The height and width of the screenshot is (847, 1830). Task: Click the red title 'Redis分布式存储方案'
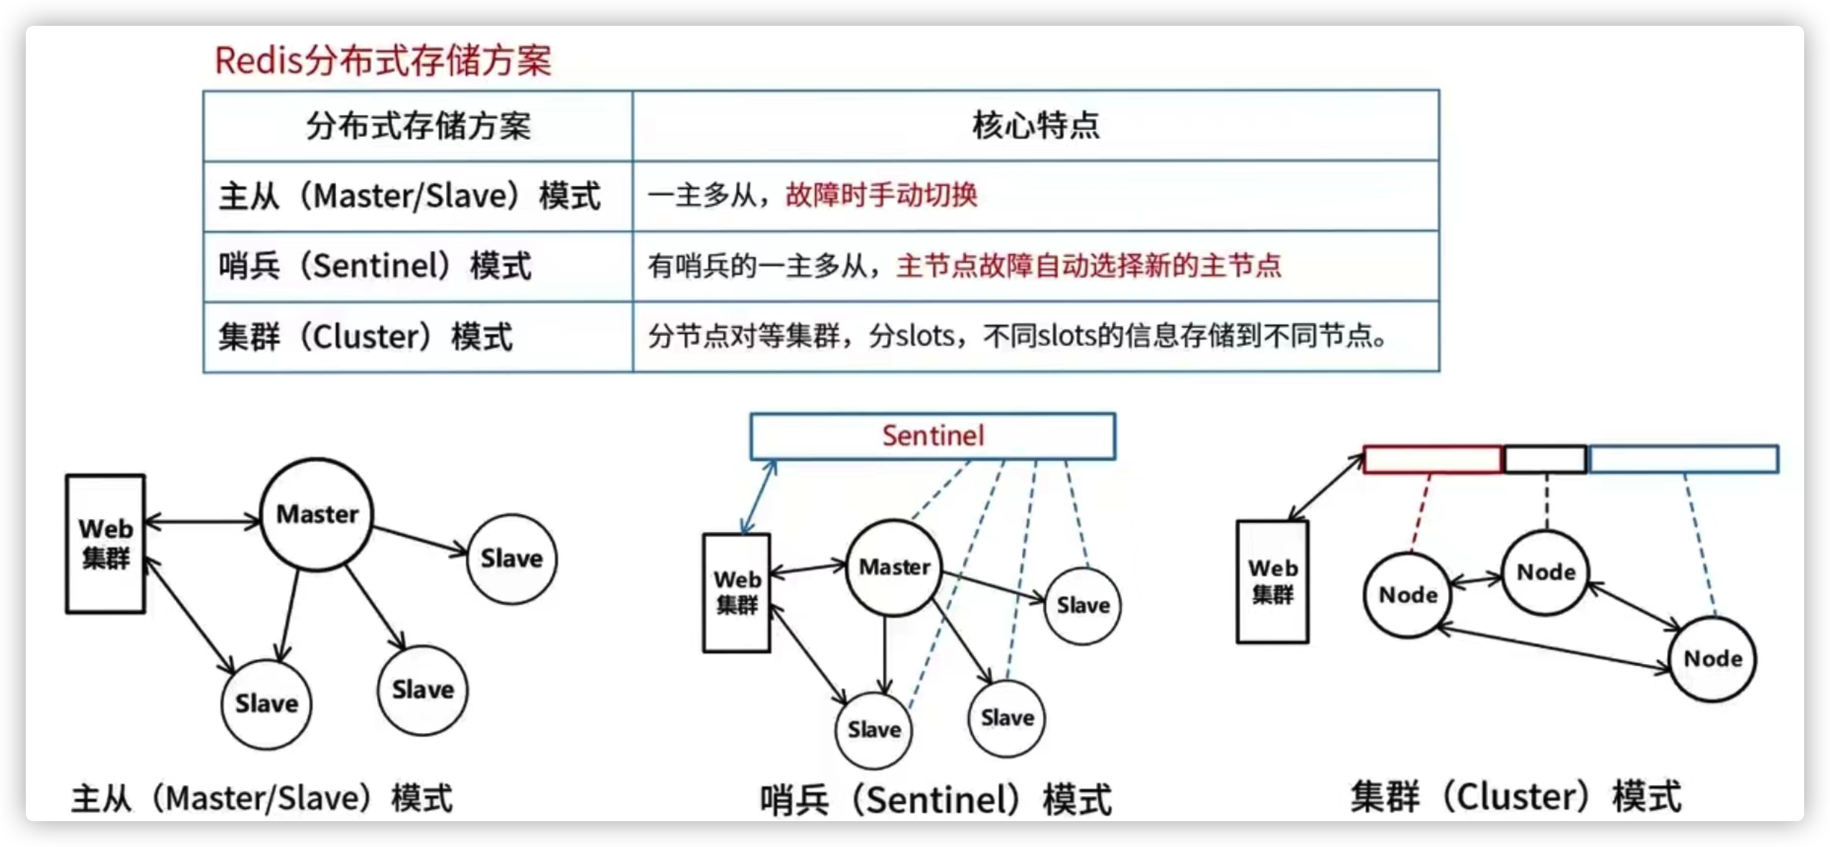click(x=383, y=60)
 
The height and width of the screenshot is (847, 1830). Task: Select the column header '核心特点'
click(x=1036, y=126)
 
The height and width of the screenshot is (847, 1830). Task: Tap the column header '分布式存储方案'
click(x=418, y=126)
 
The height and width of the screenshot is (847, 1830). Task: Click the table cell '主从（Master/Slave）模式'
click(x=409, y=196)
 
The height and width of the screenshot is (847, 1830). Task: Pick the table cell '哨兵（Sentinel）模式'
click(x=375, y=266)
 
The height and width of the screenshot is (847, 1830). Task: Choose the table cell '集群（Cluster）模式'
click(x=366, y=337)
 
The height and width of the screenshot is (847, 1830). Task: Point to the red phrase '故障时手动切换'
click(x=881, y=195)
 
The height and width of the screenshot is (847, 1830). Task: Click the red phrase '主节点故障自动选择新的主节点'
click(x=1089, y=266)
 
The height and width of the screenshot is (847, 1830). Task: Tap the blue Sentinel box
click(x=933, y=436)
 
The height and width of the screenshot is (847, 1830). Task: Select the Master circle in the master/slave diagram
click(x=317, y=515)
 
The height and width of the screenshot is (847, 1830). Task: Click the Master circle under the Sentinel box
click(x=894, y=568)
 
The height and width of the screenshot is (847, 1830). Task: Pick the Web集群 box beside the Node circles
click(x=1273, y=581)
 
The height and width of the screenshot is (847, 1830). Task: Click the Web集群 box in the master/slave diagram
click(x=106, y=543)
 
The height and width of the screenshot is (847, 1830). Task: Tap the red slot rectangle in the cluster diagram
click(x=1432, y=459)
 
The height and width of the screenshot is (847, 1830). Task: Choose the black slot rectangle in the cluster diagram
click(x=1546, y=459)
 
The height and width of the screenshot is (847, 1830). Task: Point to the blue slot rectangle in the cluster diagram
click(x=1684, y=459)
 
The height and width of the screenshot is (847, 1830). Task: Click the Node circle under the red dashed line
click(x=1408, y=595)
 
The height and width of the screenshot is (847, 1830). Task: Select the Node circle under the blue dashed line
click(x=1714, y=659)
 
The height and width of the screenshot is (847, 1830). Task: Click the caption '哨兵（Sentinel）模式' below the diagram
click(x=936, y=800)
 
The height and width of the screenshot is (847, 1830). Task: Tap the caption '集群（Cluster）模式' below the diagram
click(x=1516, y=797)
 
